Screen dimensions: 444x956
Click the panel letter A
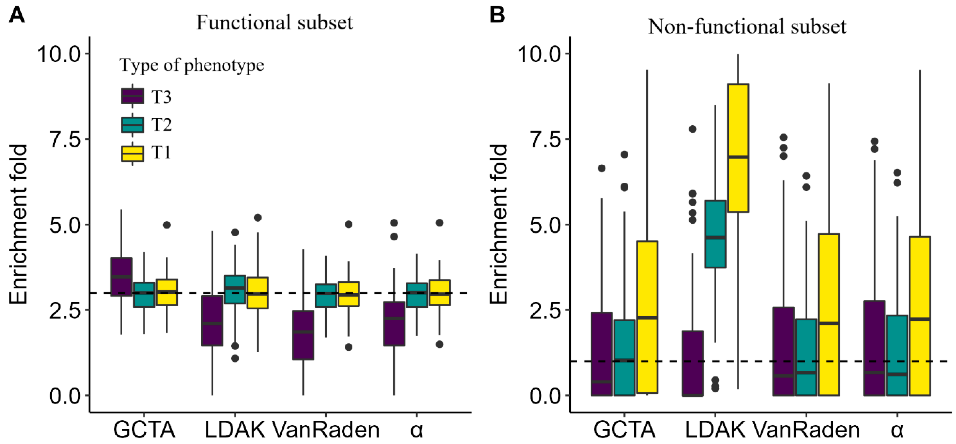coord(17,16)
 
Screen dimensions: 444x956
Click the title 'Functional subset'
coord(275,22)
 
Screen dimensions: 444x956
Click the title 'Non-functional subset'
coord(747,27)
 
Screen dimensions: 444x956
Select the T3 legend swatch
coord(132,96)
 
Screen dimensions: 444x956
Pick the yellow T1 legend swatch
coord(132,153)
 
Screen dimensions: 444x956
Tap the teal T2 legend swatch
coord(132,124)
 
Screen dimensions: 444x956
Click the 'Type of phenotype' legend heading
coord(191,65)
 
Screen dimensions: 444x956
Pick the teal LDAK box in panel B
coord(715,234)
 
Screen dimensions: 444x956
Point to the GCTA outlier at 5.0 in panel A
coord(167,225)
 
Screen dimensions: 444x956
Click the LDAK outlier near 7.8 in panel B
coord(692,129)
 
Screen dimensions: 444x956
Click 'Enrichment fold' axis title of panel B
coord(498,224)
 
